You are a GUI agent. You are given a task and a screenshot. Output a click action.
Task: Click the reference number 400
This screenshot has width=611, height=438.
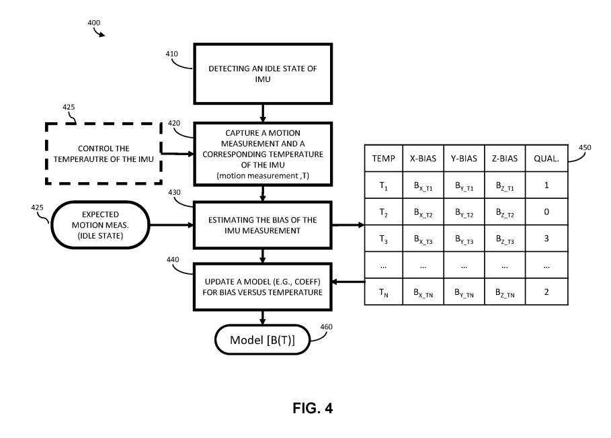pyautogui.click(x=94, y=23)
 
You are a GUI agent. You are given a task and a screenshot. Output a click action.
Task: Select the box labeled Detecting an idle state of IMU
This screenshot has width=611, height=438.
pyautogui.click(x=263, y=73)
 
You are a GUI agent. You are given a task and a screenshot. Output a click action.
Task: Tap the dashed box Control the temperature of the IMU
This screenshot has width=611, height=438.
pyautogui.click(x=104, y=152)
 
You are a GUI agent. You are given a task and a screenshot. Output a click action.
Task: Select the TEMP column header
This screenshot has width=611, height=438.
pyautogui.click(x=383, y=159)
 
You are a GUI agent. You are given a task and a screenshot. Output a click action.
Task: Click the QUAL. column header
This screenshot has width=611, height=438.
pyautogui.click(x=546, y=159)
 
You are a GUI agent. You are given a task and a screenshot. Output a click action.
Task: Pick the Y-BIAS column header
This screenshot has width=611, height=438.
pyautogui.click(x=464, y=159)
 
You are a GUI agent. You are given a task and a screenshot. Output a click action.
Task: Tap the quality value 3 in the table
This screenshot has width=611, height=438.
pyautogui.click(x=546, y=238)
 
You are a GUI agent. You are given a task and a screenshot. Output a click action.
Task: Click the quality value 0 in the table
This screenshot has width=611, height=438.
pyautogui.click(x=546, y=212)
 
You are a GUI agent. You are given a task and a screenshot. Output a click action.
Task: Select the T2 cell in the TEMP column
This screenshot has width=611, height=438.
pyautogui.click(x=383, y=212)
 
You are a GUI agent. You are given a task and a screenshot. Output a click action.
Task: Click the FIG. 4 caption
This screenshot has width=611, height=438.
pyautogui.click(x=313, y=408)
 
